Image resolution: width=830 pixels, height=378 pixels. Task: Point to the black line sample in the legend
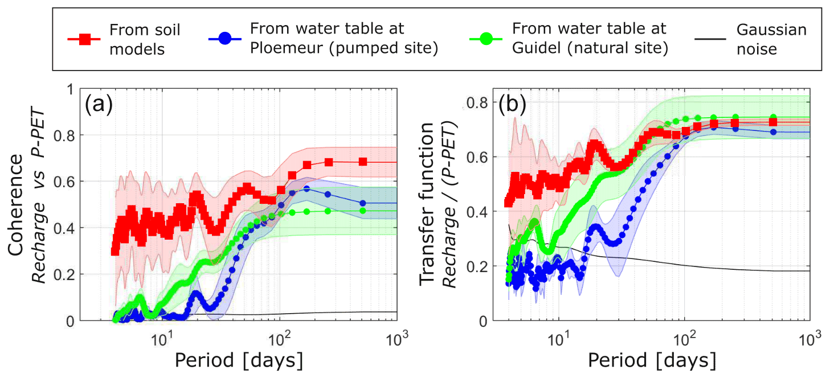click(710, 39)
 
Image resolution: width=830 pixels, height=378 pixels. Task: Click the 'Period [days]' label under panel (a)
click(238, 360)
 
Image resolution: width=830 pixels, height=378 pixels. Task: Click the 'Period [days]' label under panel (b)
click(652, 360)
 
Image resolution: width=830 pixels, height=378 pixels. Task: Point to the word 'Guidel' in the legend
click(533, 48)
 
